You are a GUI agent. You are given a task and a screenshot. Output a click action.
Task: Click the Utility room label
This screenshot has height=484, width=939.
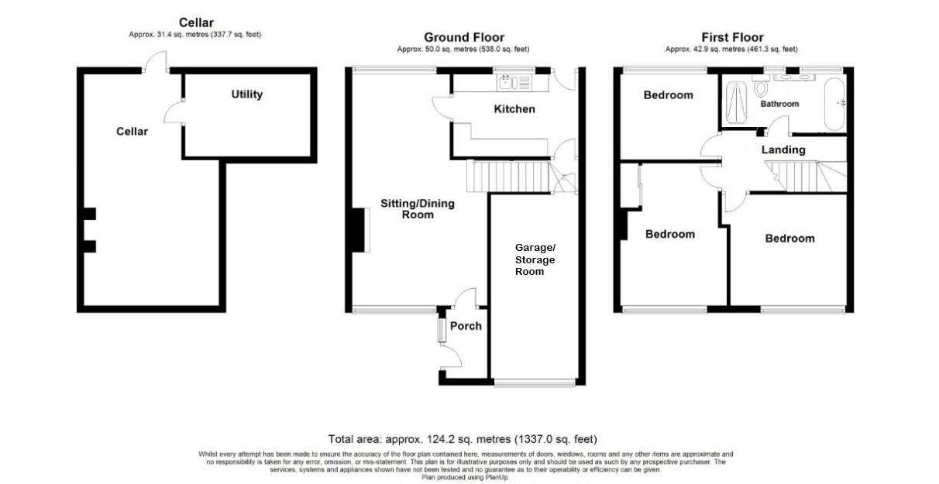(246, 94)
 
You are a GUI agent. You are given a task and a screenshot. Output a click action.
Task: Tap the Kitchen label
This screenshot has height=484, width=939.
(514, 109)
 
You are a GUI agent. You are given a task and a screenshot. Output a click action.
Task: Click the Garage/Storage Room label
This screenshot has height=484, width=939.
(535, 259)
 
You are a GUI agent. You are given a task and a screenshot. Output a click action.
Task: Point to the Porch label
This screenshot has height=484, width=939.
(466, 326)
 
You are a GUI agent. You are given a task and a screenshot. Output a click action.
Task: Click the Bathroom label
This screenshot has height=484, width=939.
(779, 104)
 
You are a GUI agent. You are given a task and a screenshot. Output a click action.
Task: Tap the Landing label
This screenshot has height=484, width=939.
(783, 149)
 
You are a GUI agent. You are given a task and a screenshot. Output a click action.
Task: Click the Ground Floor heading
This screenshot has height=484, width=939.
(463, 37)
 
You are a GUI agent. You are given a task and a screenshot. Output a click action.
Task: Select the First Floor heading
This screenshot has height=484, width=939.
(732, 37)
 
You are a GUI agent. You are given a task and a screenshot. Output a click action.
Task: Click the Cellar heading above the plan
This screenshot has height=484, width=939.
(196, 22)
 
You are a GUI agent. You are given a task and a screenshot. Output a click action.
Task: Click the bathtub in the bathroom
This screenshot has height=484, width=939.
(835, 103)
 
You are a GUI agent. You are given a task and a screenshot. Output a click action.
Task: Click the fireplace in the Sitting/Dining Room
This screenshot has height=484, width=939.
(359, 231)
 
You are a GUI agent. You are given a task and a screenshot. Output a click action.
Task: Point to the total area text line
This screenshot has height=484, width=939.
(463, 439)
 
